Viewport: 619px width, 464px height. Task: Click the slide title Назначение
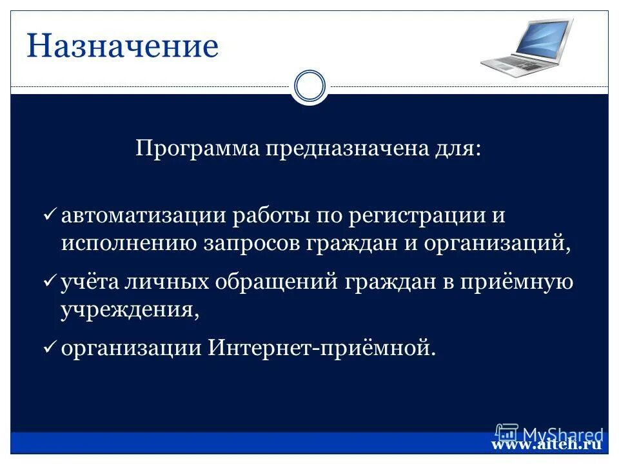(x=123, y=47)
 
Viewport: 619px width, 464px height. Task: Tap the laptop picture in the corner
(x=527, y=46)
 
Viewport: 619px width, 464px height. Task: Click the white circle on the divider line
(x=309, y=86)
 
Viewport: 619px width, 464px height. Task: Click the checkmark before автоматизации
(x=50, y=215)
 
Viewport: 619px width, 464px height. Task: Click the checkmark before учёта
(x=50, y=283)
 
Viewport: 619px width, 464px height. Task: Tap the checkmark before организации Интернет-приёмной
(x=50, y=348)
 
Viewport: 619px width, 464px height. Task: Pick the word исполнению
(x=130, y=244)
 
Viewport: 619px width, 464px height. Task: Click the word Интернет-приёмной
(x=322, y=348)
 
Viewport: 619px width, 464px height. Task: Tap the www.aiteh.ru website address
(x=546, y=444)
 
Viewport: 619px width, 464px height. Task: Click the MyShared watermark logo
(x=549, y=434)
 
